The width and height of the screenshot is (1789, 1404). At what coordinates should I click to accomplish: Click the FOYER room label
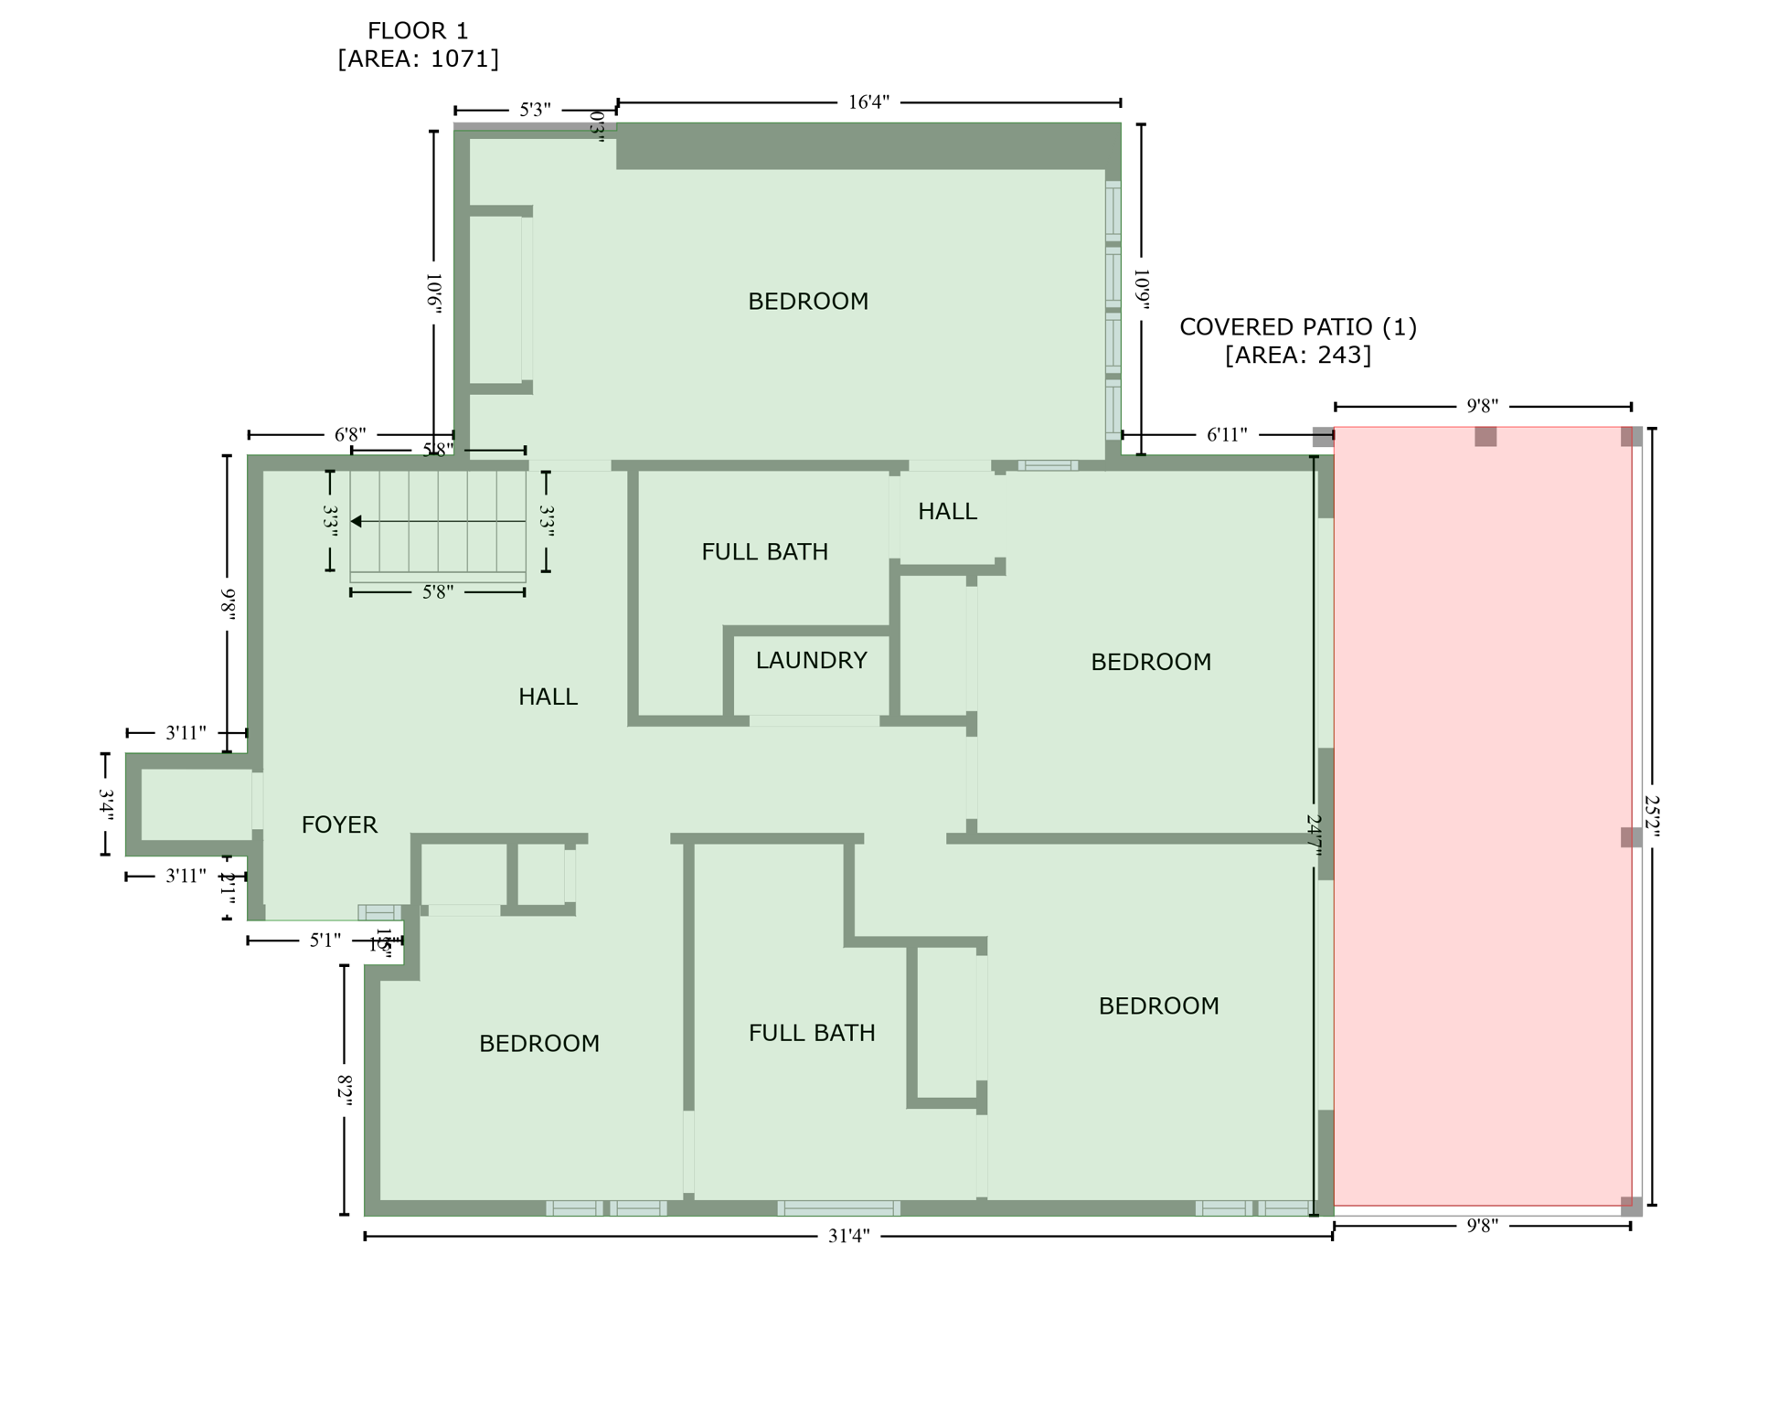339,825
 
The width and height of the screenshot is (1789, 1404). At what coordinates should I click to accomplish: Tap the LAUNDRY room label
811,661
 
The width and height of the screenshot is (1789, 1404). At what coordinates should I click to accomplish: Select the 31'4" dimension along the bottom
848,1237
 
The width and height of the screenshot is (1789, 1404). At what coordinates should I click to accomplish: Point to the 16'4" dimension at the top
868,102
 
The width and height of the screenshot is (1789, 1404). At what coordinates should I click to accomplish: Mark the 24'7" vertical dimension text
1315,835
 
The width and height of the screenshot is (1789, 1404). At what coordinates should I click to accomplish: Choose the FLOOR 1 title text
418,31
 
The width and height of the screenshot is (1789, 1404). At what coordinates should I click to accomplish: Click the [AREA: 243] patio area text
1297,355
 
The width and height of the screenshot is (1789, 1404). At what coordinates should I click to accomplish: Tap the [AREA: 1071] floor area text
418,59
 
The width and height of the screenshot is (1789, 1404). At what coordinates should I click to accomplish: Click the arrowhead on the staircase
357,522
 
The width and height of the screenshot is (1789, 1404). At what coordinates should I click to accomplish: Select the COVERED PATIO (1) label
1297,327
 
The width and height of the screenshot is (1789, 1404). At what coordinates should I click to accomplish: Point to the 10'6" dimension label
434,293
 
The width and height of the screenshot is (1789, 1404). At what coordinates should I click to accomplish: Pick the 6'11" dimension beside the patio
1227,435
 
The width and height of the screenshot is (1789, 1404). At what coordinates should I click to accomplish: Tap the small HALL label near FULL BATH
947,512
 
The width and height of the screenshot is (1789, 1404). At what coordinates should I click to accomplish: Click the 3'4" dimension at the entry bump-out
106,805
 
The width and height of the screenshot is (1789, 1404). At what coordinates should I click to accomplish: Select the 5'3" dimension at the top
535,111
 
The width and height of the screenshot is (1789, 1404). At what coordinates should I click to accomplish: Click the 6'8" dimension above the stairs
350,435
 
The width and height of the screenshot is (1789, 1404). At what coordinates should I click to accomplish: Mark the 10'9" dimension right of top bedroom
1141,289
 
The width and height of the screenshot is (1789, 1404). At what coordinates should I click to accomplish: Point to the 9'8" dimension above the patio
1482,407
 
